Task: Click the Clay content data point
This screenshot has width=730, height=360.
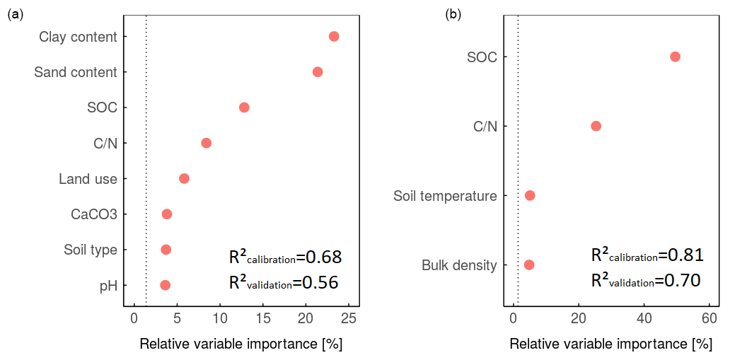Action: coord(334,36)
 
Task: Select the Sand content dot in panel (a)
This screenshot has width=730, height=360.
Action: coord(318,72)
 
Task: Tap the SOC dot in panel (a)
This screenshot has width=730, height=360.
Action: coord(244,108)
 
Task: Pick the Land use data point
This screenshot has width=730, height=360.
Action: coord(184,178)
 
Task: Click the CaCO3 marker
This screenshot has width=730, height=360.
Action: coord(167,214)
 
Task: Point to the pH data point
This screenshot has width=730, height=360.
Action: coord(165,285)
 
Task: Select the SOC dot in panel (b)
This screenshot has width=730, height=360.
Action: coord(675,57)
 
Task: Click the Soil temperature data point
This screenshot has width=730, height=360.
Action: coord(530,195)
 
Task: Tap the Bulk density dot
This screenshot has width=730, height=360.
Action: coord(529,265)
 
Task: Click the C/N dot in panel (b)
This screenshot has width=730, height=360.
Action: coord(596,126)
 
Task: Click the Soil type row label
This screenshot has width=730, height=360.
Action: coord(91,250)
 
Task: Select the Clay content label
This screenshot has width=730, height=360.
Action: coord(78,37)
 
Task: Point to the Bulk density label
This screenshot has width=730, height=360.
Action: coord(459,266)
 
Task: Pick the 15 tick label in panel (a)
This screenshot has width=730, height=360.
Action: coord(263,319)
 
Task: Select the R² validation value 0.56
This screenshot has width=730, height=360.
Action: coord(320,283)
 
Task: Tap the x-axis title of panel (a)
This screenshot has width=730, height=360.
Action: coord(241,344)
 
